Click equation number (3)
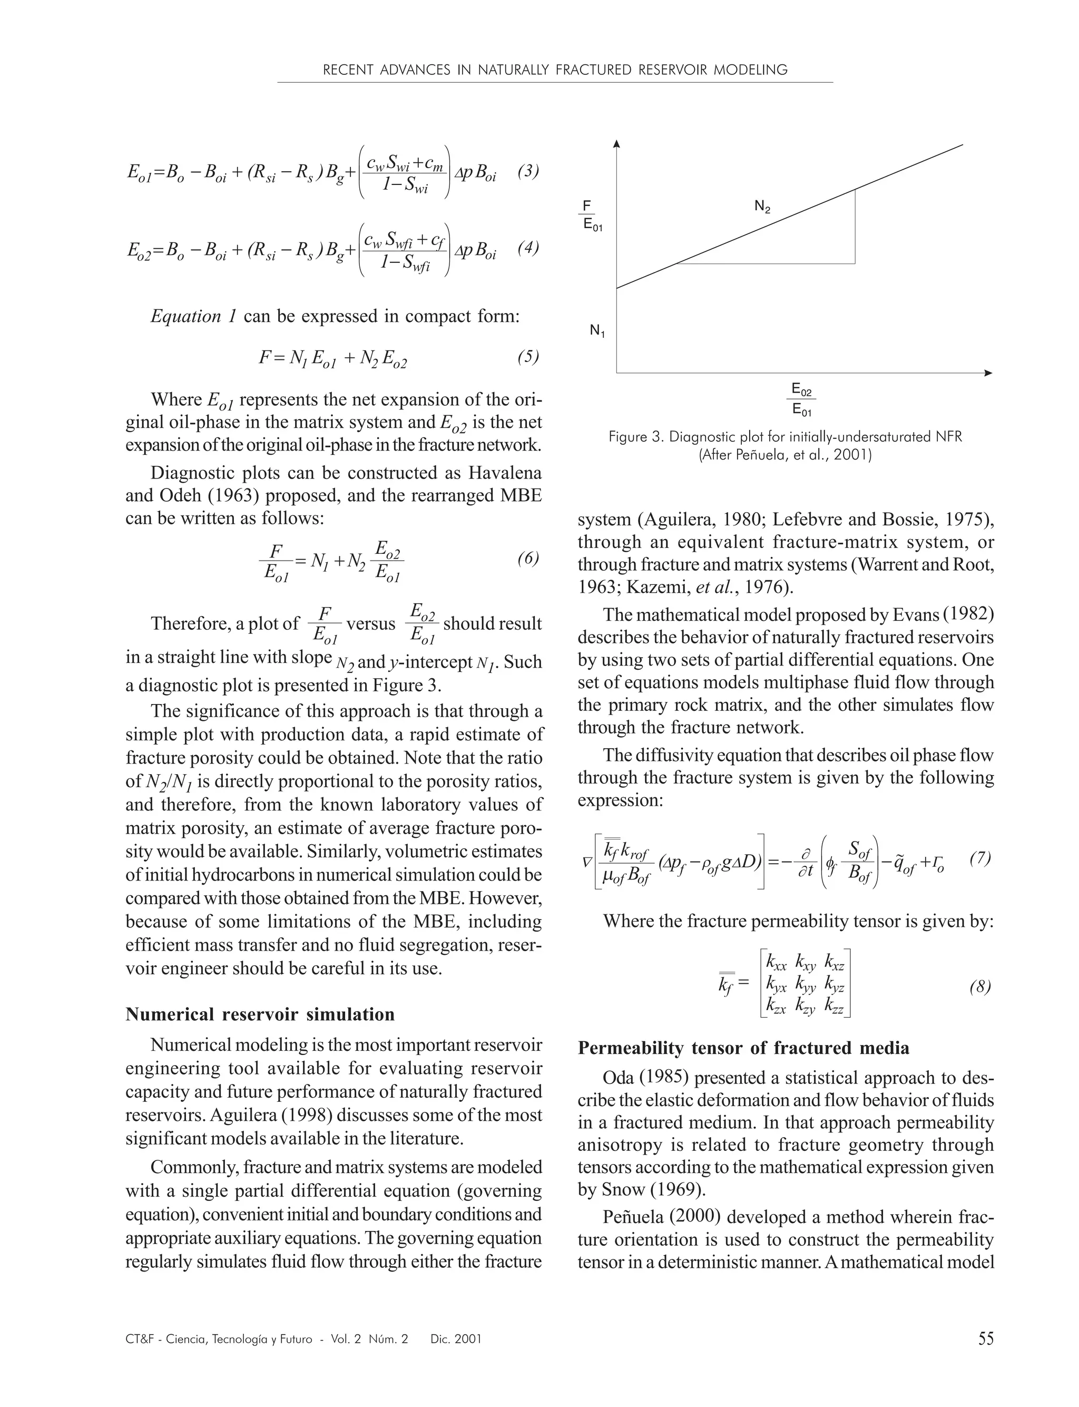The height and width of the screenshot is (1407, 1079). [x=528, y=172]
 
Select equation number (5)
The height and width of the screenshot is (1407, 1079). [x=528, y=357]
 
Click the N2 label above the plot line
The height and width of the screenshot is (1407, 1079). [x=762, y=207]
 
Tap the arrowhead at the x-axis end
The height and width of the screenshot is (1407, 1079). [x=988, y=373]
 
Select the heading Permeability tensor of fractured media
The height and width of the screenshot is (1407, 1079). [x=743, y=1048]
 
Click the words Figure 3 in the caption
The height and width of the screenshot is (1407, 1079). [x=636, y=437]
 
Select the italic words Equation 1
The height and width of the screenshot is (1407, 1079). [x=194, y=316]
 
